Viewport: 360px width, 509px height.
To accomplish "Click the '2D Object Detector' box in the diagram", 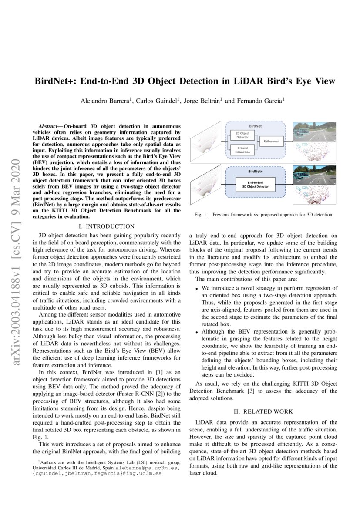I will pyautogui.click(x=242, y=135).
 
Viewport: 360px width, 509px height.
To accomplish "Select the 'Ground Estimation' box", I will pyautogui.click(x=242, y=150).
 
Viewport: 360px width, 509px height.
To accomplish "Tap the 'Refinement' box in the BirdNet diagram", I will pyautogui.click(x=271, y=142).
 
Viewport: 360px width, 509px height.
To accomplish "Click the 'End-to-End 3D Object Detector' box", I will pyautogui.click(x=255, y=185).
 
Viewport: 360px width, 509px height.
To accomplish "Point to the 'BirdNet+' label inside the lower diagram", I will pyautogui.click(x=255, y=172).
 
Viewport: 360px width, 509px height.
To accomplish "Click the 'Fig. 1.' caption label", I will pyautogui.click(x=201, y=215).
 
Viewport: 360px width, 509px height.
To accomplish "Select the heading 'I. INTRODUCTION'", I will pyautogui.click(x=106, y=226).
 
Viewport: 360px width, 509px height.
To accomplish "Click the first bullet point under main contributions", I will pyautogui.click(x=197, y=289).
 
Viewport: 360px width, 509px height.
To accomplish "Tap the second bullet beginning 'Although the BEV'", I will pyautogui.click(x=197, y=331).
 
